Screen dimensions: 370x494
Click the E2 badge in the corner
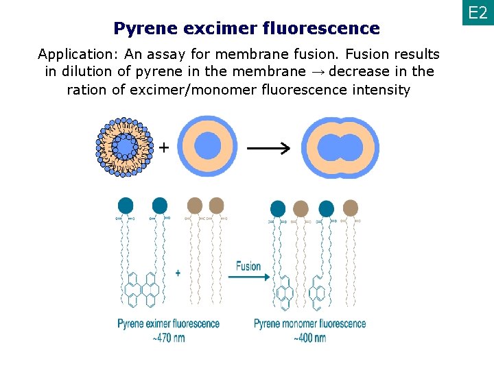pos(478,13)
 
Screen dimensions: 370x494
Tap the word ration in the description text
pos(86,90)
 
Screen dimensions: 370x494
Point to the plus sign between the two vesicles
pos(165,147)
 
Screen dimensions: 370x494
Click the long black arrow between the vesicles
pos(268,148)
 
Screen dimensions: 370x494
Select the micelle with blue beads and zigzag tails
pos(125,147)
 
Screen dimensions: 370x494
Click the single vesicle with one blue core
pos(208,147)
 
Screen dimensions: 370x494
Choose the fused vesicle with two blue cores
pos(341,147)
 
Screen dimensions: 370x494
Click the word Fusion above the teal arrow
pos(248,265)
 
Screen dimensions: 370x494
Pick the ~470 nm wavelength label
pos(168,337)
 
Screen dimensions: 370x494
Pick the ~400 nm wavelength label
pos(309,337)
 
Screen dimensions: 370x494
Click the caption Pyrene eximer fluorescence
pos(168,323)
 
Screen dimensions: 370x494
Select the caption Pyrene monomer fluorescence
pos(310,323)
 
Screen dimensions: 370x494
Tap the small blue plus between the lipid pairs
pos(178,273)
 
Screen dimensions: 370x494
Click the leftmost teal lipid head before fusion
pos(126,205)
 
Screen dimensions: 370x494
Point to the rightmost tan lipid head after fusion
pos(350,208)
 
